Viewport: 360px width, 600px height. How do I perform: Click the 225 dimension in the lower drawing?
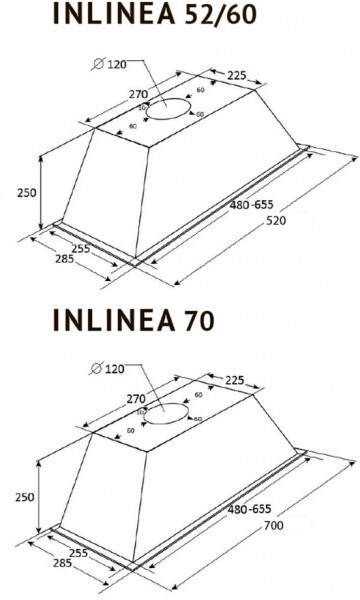tap(237, 379)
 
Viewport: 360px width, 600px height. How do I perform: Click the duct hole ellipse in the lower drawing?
tap(169, 414)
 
